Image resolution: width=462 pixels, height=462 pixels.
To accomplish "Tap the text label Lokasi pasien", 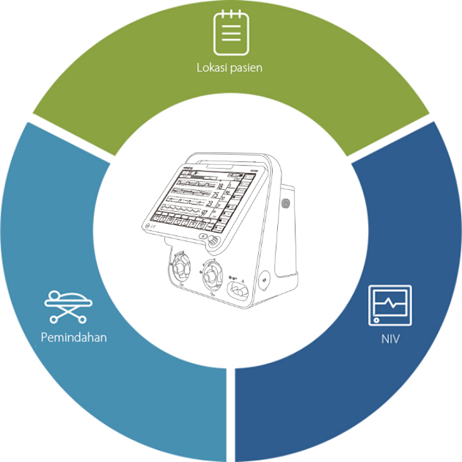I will (229, 68).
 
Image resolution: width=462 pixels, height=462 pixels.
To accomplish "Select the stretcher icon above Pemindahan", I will (67, 306).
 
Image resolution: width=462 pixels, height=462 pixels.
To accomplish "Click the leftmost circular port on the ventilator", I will (180, 269).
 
